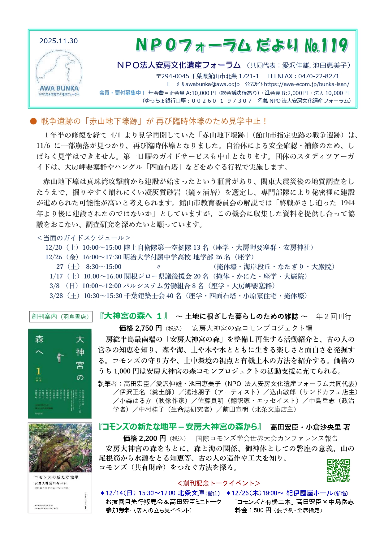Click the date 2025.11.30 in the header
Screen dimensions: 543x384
58,41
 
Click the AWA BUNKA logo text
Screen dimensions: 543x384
59,88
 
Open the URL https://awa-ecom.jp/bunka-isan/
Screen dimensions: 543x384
307,84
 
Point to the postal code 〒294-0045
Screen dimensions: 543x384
172,76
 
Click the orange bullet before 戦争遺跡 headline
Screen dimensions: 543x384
33,121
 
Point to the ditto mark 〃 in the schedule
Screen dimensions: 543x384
159,267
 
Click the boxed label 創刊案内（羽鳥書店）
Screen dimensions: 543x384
60,317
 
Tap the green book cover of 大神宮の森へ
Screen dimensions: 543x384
60,373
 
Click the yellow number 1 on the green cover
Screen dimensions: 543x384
38,371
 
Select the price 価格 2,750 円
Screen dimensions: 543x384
140,328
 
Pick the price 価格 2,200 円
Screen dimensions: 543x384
145,438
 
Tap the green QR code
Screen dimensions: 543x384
338,470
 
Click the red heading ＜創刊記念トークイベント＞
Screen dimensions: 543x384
218,483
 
